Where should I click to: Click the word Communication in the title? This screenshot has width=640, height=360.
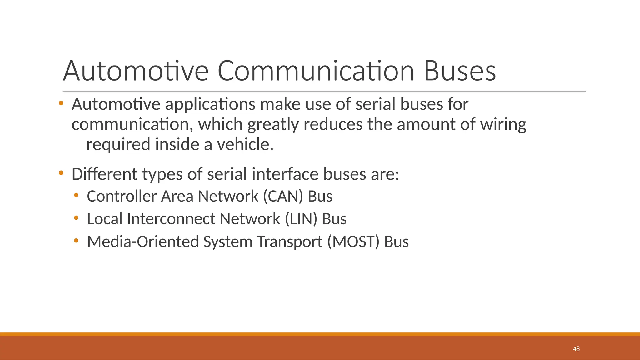click(316, 71)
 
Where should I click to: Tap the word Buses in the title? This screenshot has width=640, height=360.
click(460, 71)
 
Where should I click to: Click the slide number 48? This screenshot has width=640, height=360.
click(576, 349)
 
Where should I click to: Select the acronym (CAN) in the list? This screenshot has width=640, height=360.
click(283, 196)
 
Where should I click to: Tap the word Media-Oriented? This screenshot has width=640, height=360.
click(143, 242)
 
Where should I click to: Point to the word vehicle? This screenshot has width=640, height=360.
click(245, 144)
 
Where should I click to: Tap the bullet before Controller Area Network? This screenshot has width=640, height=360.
click(76, 196)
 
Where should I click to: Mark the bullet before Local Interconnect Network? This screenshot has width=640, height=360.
click(76, 218)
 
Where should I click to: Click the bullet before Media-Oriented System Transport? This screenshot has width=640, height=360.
click(76, 241)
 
